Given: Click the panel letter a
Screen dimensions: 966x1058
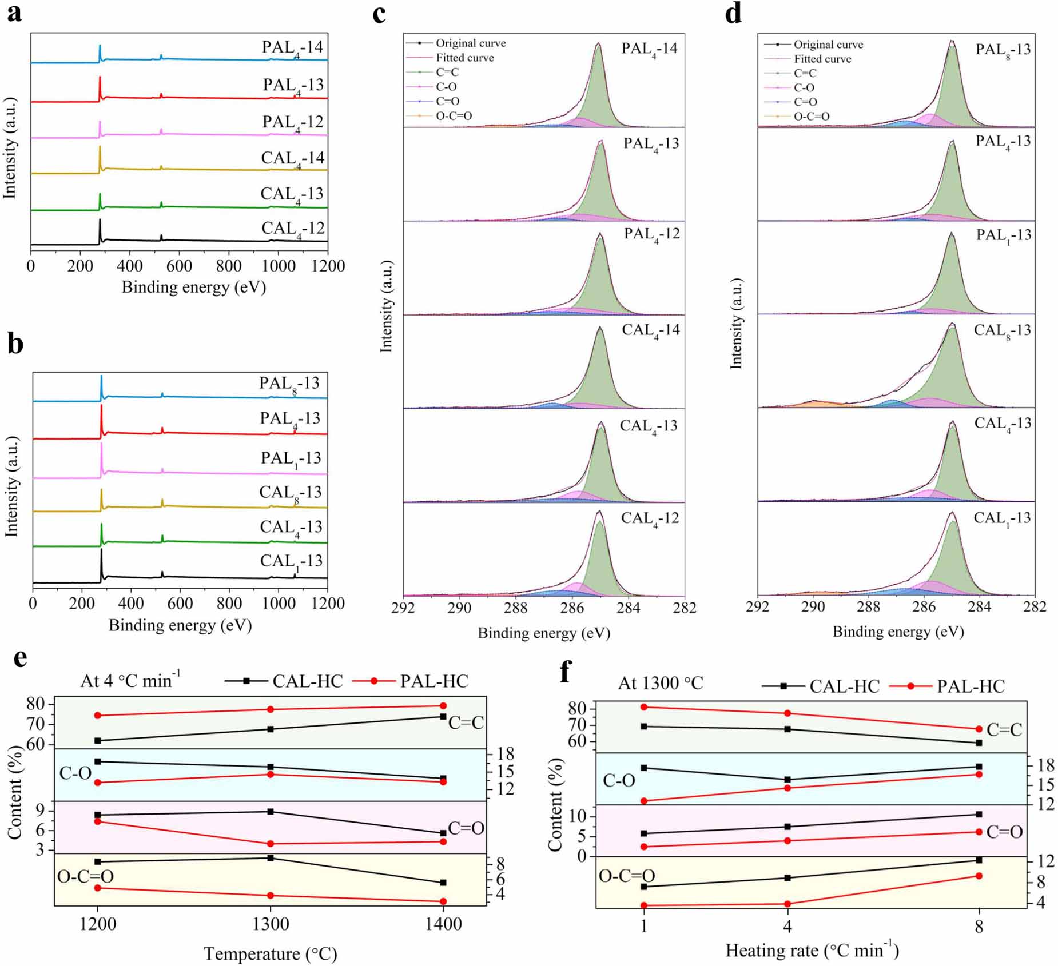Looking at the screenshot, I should (x=14, y=13).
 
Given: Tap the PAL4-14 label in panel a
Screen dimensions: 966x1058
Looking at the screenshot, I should (x=292, y=48).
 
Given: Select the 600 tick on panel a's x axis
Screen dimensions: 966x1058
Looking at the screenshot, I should (x=179, y=266).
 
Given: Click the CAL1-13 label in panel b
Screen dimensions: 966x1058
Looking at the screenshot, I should (x=291, y=561).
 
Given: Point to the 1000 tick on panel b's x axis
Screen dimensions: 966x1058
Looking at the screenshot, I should (x=279, y=604).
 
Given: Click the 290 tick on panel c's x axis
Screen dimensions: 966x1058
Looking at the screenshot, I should (x=459, y=608).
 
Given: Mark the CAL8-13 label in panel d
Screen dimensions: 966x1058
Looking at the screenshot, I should (x=1002, y=331).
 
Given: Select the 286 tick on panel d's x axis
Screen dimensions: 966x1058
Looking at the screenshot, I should (x=924, y=607).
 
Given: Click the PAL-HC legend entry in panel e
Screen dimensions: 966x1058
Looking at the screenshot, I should (x=433, y=681).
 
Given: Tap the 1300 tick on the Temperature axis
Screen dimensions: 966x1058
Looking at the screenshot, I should (x=271, y=924).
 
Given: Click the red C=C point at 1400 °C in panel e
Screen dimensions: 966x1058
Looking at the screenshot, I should (x=443, y=706).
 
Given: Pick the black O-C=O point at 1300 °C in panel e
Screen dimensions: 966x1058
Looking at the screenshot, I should (x=271, y=858).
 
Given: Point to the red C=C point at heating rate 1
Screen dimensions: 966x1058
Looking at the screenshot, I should (x=644, y=707).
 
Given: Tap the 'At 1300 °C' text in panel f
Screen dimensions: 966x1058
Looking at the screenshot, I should (x=661, y=684).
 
